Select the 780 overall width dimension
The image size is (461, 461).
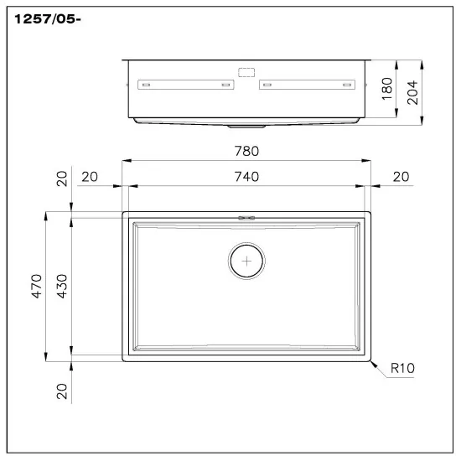pyautogui.click(x=246, y=152)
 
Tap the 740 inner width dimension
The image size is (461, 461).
pyautogui.click(x=246, y=176)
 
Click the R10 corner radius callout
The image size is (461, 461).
pyautogui.click(x=403, y=366)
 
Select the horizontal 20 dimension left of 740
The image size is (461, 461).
pyautogui.click(x=90, y=176)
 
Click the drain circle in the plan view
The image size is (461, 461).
pyautogui.click(x=246, y=262)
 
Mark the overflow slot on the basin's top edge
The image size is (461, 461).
pyautogui.click(x=246, y=217)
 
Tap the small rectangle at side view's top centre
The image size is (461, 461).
pyautogui.click(x=246, y=72)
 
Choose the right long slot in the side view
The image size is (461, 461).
pyautogui.click(x=306, y=85)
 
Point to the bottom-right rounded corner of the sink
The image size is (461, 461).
pyautogui.click(x=366, y=359)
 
